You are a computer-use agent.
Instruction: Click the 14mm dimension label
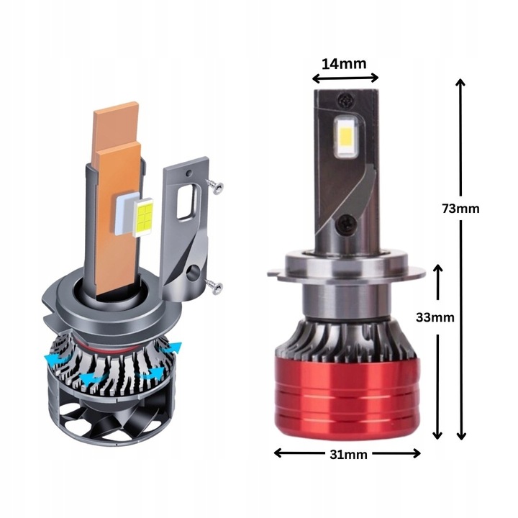(344, 63)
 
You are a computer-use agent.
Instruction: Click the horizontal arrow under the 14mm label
(345, 79)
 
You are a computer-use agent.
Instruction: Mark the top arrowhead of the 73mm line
(460, 83)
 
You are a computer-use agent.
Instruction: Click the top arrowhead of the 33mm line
(438, 268)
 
